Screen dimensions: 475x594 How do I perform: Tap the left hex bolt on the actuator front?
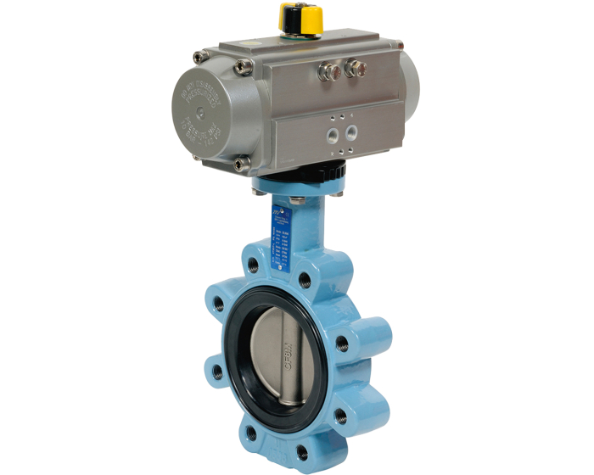[325, 71]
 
